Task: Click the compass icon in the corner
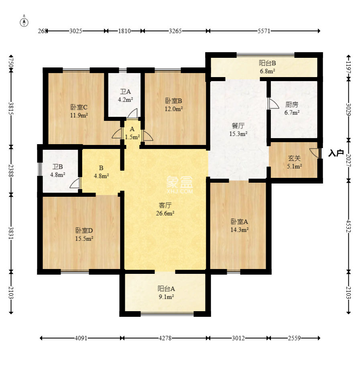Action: tap(24, 22)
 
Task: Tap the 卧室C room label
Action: tap(79, 107)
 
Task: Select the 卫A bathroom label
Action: tap(125, 92)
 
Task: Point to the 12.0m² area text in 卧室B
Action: tap(174, 109)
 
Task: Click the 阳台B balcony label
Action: tap(267, 63)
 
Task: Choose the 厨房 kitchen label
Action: tap(292, 104)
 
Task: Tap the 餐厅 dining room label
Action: tap(238, 126)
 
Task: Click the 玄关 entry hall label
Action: tap(294, 158)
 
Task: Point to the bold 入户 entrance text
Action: tap(336, 153)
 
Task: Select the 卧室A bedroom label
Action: tap(239, 222)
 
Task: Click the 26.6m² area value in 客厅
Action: tap(165, 214)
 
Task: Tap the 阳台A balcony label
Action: tap(166, 289)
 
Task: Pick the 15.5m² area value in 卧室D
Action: tap(84, 239)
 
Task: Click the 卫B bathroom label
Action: tap(58, 167)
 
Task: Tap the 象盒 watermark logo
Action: tap(180, 185)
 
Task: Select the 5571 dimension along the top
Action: tap(264, 31)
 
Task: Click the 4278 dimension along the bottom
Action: tap(165, 338)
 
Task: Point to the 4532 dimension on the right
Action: tap(348, 226)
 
